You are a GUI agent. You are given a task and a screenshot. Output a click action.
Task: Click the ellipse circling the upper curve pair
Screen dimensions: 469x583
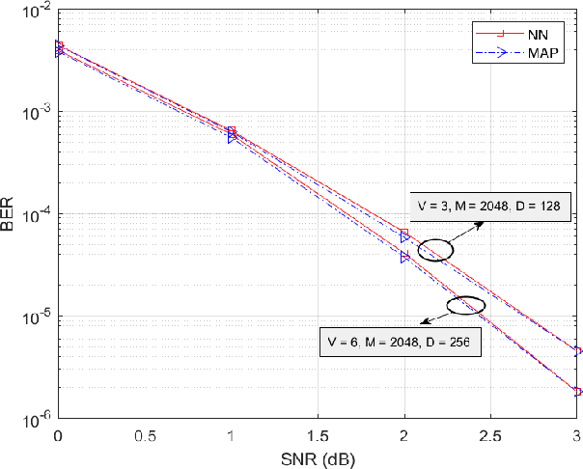pyautogui.click(x=435, y=249)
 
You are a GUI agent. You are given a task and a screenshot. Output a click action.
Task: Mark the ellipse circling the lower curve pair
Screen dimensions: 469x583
pyautogui.click(x=467, y=307)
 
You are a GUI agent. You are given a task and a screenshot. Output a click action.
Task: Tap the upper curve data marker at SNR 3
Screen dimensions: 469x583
pyautogui.click(x=577, y=351)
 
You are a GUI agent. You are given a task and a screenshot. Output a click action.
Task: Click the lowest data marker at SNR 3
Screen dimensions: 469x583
pyautogui.click(x=577, y=392)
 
